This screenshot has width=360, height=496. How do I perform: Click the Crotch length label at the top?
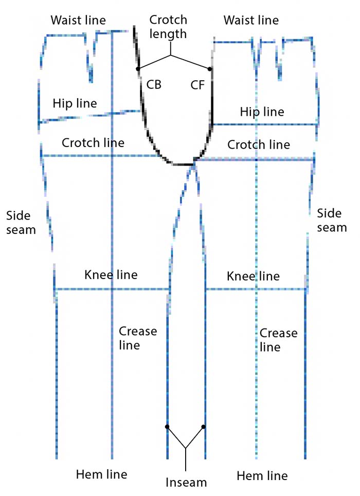(168, 27)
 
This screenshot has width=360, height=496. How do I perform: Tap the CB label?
(154, 85)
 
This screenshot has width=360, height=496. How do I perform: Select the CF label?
(197, 85)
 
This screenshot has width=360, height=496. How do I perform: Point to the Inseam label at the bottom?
(186, 483)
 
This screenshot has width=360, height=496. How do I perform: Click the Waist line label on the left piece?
(78, 21)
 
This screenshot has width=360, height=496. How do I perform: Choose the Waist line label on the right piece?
(251, 21)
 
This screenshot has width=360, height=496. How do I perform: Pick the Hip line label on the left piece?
(75, 103)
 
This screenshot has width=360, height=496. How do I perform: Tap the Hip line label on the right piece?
(262, 112)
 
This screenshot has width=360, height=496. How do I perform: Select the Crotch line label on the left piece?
(93, 142)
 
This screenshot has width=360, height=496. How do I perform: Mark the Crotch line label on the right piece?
(259, 144)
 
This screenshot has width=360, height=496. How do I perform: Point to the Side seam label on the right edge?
(332, 220)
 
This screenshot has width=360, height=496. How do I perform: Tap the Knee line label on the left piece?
(111, 275)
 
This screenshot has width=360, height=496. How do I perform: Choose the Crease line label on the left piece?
(137, 338)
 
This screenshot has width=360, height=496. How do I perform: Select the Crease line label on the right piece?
(278, 340)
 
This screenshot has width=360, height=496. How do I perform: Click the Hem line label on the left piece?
(101, 474)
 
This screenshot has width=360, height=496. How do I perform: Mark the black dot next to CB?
(138, 69)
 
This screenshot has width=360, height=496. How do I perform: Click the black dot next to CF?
(210, 69)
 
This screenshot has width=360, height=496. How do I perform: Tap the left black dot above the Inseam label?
(167, 427)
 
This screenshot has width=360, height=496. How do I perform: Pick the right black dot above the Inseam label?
(204, 427)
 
